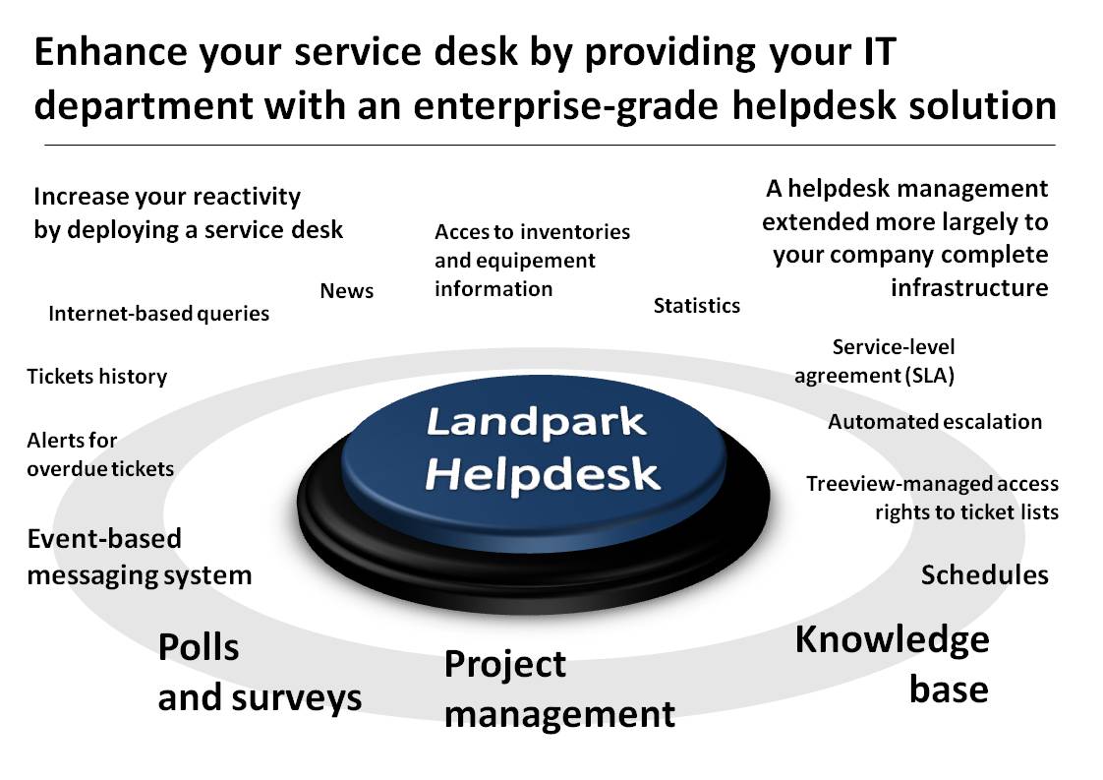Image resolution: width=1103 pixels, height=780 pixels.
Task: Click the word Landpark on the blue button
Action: click(x=536, y=422)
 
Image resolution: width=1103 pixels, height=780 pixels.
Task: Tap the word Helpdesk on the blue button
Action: click(x=543, y=474)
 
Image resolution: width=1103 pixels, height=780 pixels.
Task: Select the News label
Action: click(x=347, y=291)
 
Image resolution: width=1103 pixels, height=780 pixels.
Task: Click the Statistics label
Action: click(x=696, y=306)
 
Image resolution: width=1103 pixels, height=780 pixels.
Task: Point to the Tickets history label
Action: click(x=97, y=377)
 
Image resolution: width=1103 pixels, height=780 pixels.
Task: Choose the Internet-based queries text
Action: click(x=159, y=313)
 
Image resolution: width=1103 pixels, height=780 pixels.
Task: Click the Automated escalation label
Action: click(x=935, y=422)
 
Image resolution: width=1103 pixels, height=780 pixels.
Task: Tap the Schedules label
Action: click(x=985, y=575)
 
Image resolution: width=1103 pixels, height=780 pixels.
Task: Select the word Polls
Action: click(x=199, y=647)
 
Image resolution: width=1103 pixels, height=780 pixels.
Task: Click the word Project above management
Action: click(x=505, y=665)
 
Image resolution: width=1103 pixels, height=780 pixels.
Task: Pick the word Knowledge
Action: click(x=892, y=640)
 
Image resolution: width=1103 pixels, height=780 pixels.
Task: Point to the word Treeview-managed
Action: click(x=888, y=484)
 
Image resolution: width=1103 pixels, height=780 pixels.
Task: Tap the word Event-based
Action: click(x=104, y=539)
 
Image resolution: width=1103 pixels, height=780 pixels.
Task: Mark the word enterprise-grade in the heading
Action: click(x=565, y=106)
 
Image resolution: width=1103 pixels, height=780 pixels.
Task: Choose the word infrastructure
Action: click(x=969, y=287)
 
